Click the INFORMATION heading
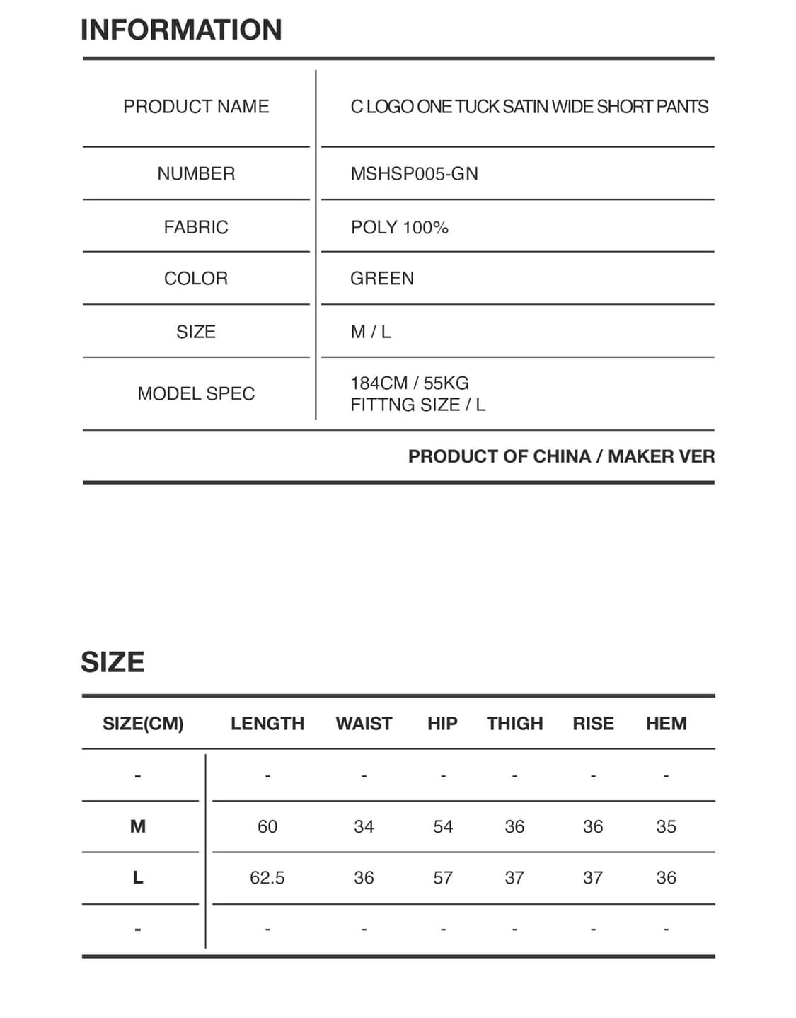(x=181, y=30)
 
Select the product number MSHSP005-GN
(x=414, y=174)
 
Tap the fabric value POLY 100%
(x=399, y=227)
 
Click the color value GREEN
(x=382, y=279)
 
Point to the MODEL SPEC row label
(x=196, y=393)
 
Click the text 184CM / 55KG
(x=410, y=383)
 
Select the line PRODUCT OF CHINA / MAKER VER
(x=561, y=456)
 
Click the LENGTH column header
(x=267, y=724)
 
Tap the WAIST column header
(x=364, y=724)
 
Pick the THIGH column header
(x=514, y=724)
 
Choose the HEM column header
(x=666, y=724)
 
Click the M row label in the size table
(x=138, y=826)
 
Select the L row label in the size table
(x=138, y=878)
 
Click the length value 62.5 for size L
(x=267, y=878)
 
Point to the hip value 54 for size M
(x=443, y=826)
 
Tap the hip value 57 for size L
(x=443, y=878)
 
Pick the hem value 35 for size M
(x=666, y=826)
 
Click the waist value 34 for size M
(x=364, y=826)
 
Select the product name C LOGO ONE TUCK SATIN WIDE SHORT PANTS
(x=529, y=107)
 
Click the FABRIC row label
(x=196, y=227)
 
